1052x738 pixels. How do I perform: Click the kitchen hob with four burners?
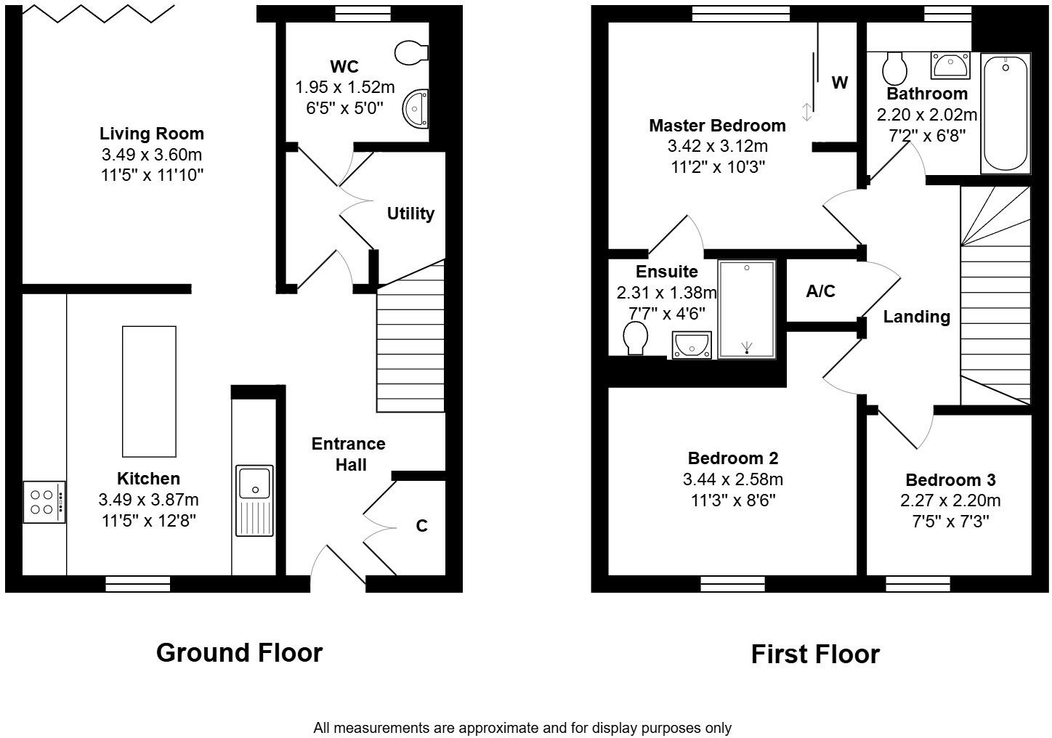(x=44, y=501)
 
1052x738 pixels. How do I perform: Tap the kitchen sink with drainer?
(x=254, y=500)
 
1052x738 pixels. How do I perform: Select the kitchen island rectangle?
(x=149, y=391)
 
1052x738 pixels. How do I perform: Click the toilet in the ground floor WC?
(x=411, y=52)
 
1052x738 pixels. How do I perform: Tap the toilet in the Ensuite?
(x=636, y=338)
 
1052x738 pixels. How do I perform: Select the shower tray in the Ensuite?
(x=747, y=309)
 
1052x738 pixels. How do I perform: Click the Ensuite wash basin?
(x=692, y=345)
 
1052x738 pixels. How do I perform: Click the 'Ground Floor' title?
(x=239, y=652)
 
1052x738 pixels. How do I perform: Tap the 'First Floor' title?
(x=815, y=654)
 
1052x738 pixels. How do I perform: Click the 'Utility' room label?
(x=410, y=214)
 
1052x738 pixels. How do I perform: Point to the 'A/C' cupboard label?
(x=821, y=291)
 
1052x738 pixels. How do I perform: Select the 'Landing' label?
(x=916, y=317)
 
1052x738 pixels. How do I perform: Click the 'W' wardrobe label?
(x=840, y=83)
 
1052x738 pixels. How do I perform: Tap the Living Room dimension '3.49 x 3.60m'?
(x=152, y=154)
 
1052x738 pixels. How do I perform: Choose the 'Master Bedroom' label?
(x=717, y=126)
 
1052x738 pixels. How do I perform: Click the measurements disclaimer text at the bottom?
(x=522, y=727)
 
